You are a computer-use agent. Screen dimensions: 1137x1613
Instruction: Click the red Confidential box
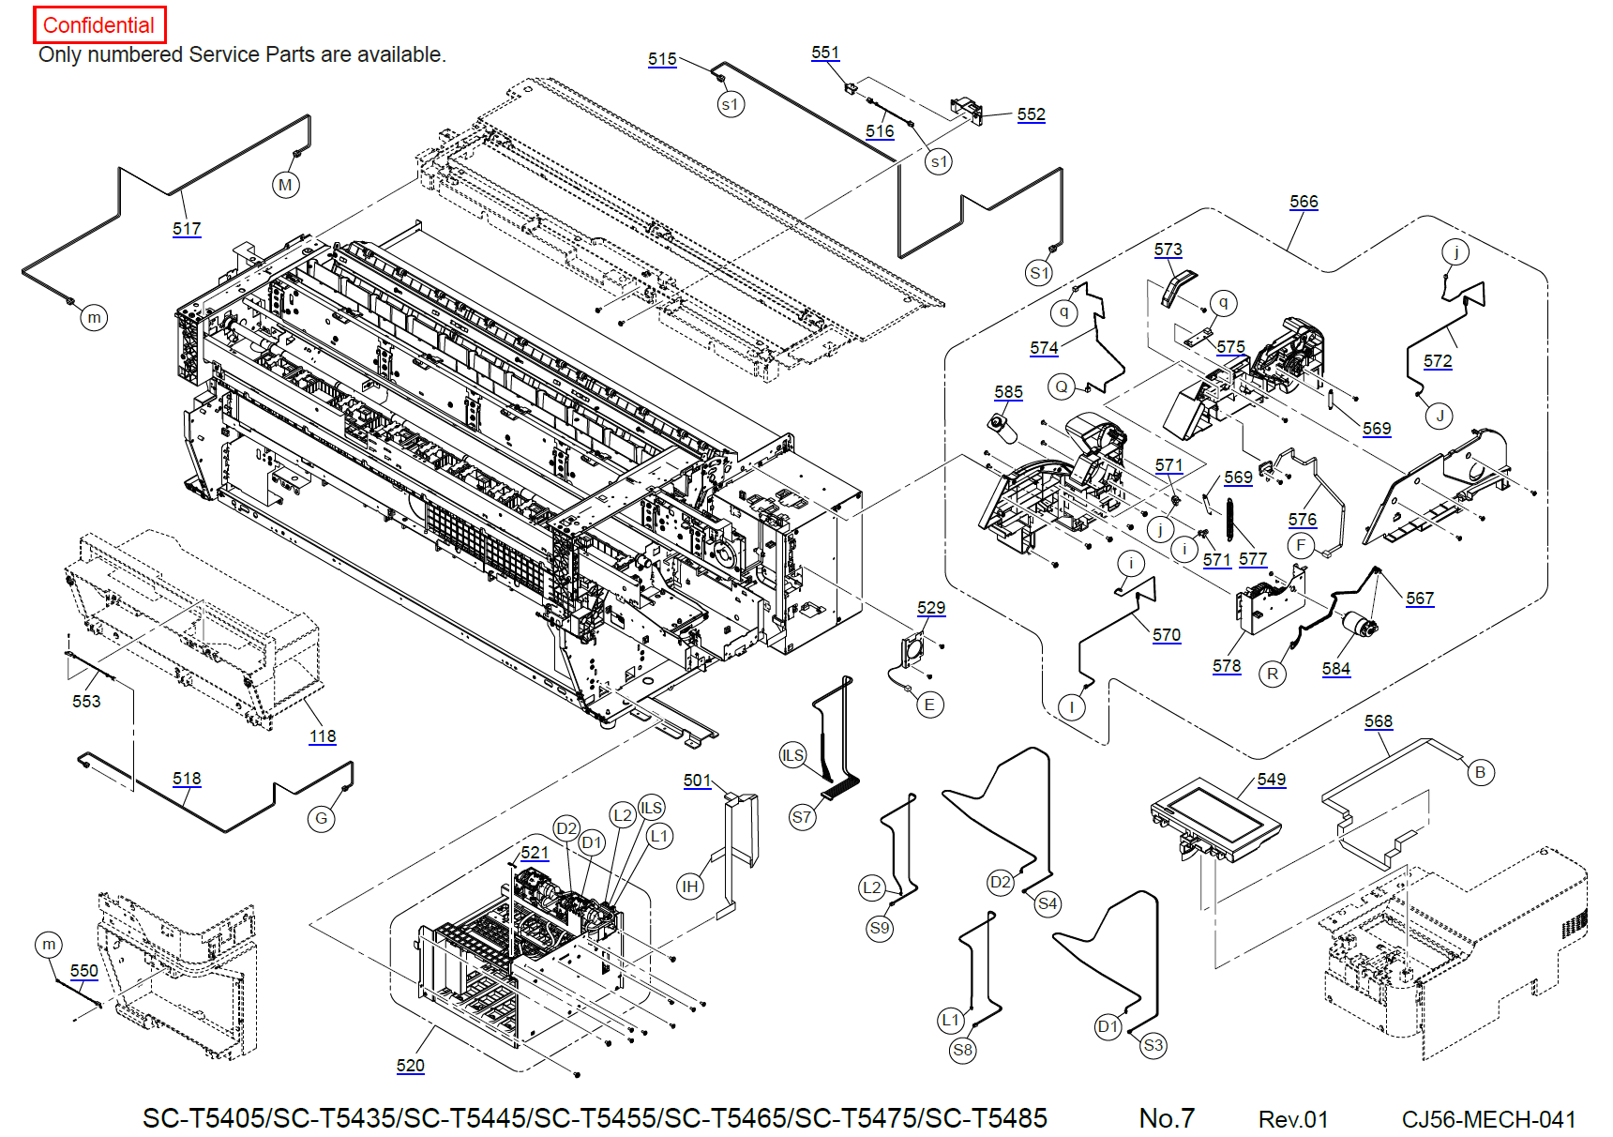pyautogui.click(x=99, y=25)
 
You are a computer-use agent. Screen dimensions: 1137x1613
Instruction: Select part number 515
pyautogui.click(x=662, y=59)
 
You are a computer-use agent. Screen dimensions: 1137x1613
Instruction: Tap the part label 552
pyautogui.click(x=1031, y=114)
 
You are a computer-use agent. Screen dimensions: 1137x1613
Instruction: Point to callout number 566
pyautogui.click(x=1304, y=202)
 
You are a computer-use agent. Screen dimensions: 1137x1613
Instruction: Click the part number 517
pyautogui.click(x=187, y=229)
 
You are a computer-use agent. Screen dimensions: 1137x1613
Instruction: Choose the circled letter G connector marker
pyautogui.click(x=322, y=818)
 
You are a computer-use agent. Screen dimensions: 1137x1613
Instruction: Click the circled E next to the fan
pyautogui.click(x=929, y=705)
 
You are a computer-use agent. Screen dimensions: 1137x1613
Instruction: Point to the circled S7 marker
pyautogui.click(x=802, y=817)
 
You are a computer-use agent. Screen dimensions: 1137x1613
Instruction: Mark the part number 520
pyautogui.click(x=411, y=1066)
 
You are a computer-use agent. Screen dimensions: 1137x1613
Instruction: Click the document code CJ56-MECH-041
pyautogui.click(x=1488, y=1119)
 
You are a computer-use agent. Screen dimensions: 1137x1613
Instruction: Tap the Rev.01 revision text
pyautogui.click(x=1293, y=1119)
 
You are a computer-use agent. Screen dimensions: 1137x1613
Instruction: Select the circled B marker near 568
pyautogui.click(x=1481, y=772)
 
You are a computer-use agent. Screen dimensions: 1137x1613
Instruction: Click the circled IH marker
pyautogui.click(x=690, y=887)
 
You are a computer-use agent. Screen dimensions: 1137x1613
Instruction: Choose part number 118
pyautogui.click(x=323, y=736)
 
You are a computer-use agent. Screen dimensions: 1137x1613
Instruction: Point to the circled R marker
pyautogui.click(x=1273, y=674)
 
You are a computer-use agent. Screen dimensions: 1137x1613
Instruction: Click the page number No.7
pyautogui.click(x=1167, y=1118)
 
